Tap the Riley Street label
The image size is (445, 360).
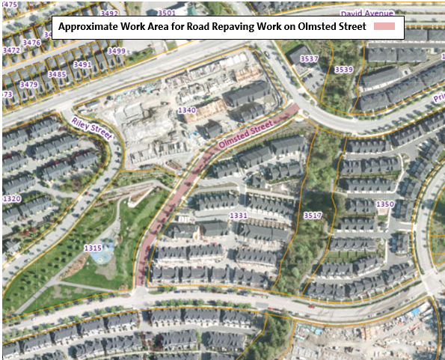pos(91,128)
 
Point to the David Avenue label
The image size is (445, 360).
pos(366,13)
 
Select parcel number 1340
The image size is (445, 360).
pos(187,110)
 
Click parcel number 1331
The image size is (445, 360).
pos(239,216)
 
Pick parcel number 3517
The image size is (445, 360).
pos(312,216)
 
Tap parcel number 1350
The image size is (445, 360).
pos(384,204)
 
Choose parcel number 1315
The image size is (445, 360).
pos(93,248)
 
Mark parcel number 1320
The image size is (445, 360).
pos(11,199)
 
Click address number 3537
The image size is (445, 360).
pos(309,58)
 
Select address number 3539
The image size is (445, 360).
pos(343,70)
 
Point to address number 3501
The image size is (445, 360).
pos(166,13)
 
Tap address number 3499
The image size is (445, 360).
pos(116,51)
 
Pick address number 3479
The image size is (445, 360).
pos(28,85)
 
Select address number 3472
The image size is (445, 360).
pos(11,50)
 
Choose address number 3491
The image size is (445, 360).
pos(82,65)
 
